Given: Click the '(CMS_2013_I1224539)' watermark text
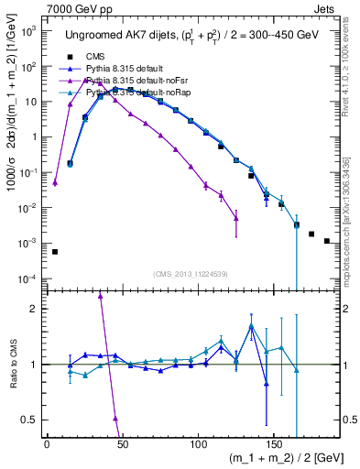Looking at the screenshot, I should pos(192,273).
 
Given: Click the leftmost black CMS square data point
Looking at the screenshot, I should pos(55,252).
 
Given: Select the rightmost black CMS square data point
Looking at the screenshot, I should pos(327,241).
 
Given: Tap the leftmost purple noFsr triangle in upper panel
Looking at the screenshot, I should pos(55,183).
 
